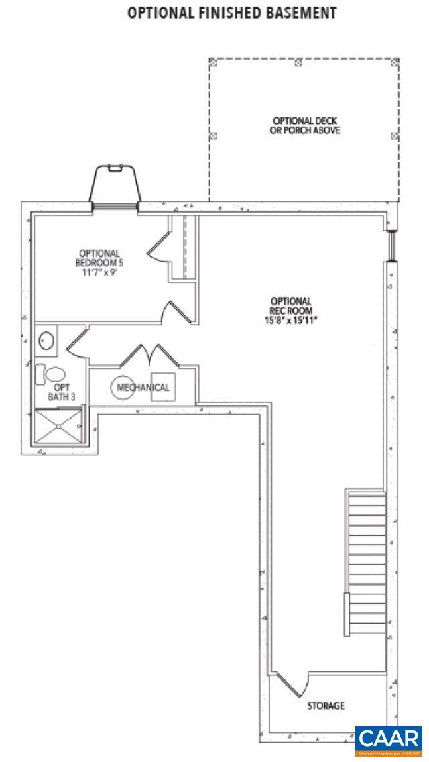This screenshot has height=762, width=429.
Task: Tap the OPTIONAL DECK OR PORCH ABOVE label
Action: [300, 126]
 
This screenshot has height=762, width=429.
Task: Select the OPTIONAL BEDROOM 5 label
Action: [99, 258]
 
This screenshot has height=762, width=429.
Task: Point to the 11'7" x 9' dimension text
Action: [99, 273]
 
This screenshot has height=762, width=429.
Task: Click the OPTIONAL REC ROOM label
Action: [291, 306]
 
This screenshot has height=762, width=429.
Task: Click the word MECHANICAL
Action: [143, 388]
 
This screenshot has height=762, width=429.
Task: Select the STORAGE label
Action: [326, 706]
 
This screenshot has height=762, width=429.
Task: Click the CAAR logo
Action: [388, 740]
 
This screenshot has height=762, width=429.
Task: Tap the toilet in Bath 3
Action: [52, 374]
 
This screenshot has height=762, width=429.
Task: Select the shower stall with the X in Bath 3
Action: [58, 425]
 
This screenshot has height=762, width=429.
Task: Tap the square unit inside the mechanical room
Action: [163, 386]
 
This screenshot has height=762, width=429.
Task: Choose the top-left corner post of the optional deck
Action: [214, 62]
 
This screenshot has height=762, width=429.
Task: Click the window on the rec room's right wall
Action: [393, 246]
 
